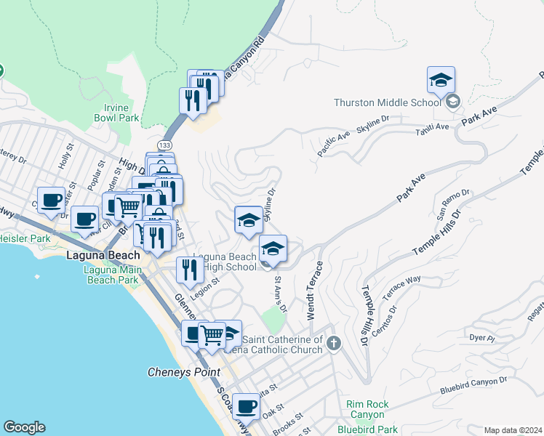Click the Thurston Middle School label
(x=388, y=102)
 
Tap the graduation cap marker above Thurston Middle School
(x=441, y=81)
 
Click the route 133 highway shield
(x=168, y=146)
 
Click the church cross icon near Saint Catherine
(x=334, y=343)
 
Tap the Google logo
(x=24, y=427)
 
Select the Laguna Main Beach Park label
(x=111, y=275)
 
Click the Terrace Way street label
(x=402, y=283)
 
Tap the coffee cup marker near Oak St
(x=247, y=407)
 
